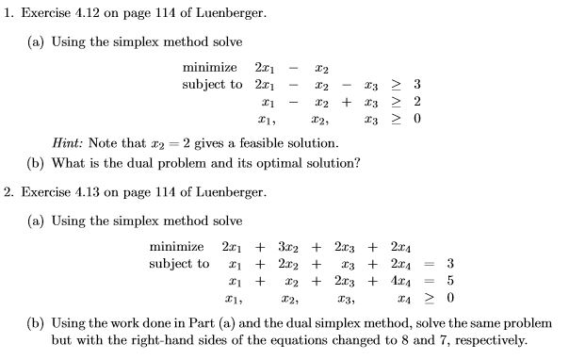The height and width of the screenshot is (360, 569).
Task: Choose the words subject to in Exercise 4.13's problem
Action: (179, 264)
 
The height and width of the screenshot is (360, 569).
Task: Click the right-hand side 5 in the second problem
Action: (450, 281)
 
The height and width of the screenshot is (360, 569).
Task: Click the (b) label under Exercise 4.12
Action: (37, 162)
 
